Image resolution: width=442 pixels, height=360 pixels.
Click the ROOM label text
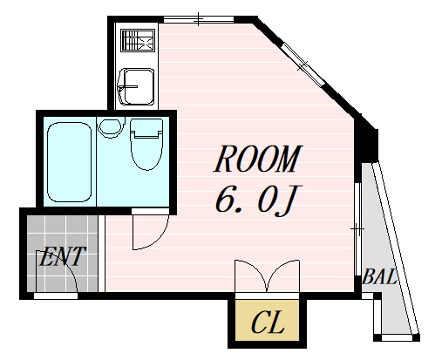[x=258, y=159]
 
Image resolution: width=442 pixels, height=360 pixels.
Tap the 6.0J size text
[x=258, y=200]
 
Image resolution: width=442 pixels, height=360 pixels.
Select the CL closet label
[x=268, y=322]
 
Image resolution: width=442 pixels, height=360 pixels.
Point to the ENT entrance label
[x=62, y=256]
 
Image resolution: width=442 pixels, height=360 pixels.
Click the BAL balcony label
[x=379, y=276]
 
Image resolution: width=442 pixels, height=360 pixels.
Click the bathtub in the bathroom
[x=70, y=162]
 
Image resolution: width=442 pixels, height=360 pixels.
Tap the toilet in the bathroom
[x=146, y=144]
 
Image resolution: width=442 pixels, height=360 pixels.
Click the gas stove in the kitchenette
[x=137, y=40]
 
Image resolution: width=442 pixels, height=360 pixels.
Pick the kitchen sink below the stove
[x=137, y=86]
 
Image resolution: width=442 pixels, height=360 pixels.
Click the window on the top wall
[x=199, y=19]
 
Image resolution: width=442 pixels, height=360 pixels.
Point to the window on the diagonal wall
[x=303, y=65]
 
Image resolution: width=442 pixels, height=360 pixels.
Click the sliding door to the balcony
[x=358, y=229]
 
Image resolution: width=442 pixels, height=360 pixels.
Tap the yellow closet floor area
[x=267, y=320]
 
